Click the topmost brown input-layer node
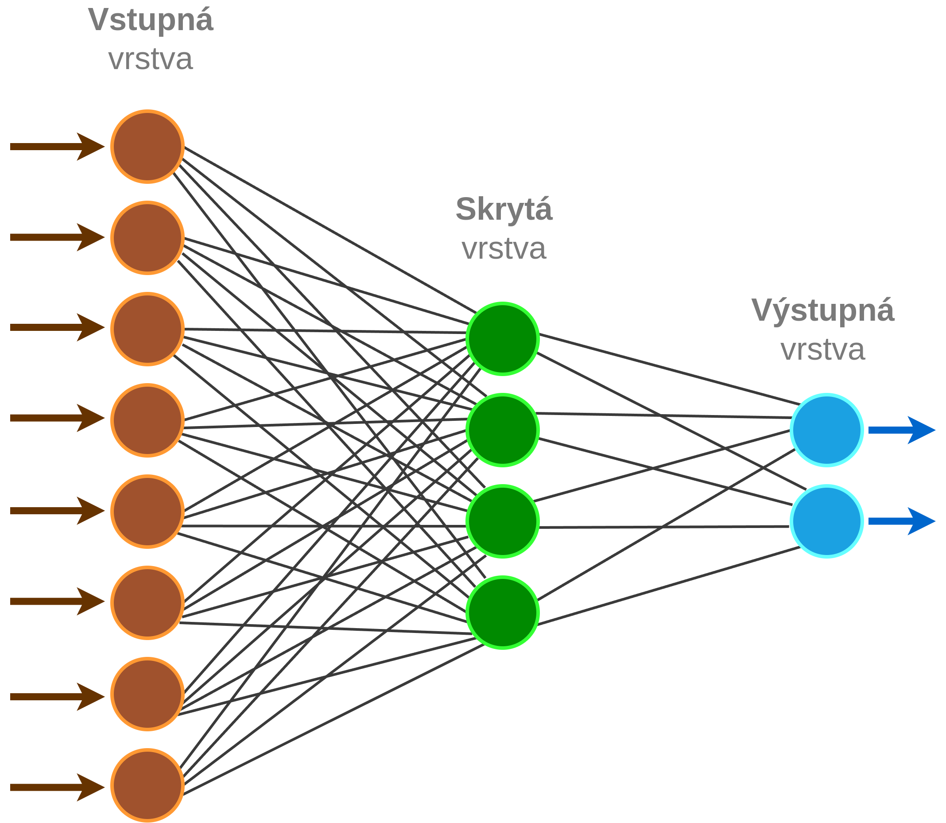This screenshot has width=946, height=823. pos(147,147)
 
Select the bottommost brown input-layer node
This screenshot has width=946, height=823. pos(147,786)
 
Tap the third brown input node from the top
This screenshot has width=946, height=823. pos(147,329)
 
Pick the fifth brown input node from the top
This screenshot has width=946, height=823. pos(147,512)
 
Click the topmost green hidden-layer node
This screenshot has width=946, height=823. pos(503,339)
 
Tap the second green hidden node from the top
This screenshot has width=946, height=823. pos(503,431)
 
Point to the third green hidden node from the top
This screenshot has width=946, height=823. pos(503,521)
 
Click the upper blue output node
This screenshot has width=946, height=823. pos(827,431)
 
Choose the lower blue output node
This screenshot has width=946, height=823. pos(827,521)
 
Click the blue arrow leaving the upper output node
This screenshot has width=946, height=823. pos(902,431)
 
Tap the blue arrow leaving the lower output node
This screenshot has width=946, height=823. pos(902,521)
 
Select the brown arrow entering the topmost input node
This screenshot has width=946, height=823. pos(58,147)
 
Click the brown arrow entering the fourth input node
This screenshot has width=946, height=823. pos(58,418)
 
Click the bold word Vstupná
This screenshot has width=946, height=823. pos(151,21)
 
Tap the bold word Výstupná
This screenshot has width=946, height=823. pos(823,311)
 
